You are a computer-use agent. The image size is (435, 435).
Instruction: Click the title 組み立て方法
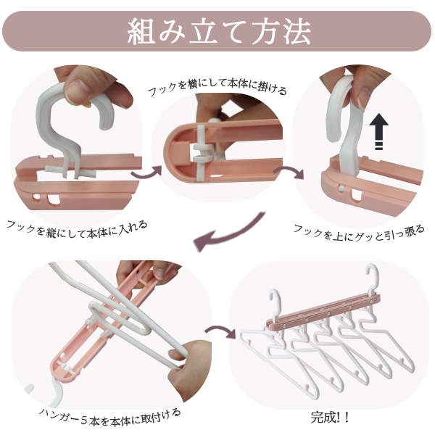click(x=219, y=31)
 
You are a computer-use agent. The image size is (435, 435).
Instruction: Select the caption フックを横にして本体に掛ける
click(x=217, y=87)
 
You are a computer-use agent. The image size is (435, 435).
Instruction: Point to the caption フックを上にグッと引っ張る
click(x=359, y=233)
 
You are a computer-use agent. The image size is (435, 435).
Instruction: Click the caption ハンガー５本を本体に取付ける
click(x=109, y=418)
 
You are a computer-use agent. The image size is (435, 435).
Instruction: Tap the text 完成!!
click(x=329, y=418)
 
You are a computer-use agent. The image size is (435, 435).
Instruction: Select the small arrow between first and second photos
click(x=146, y=173)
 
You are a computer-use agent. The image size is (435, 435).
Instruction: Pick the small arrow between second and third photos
click(x=289, y=171)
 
